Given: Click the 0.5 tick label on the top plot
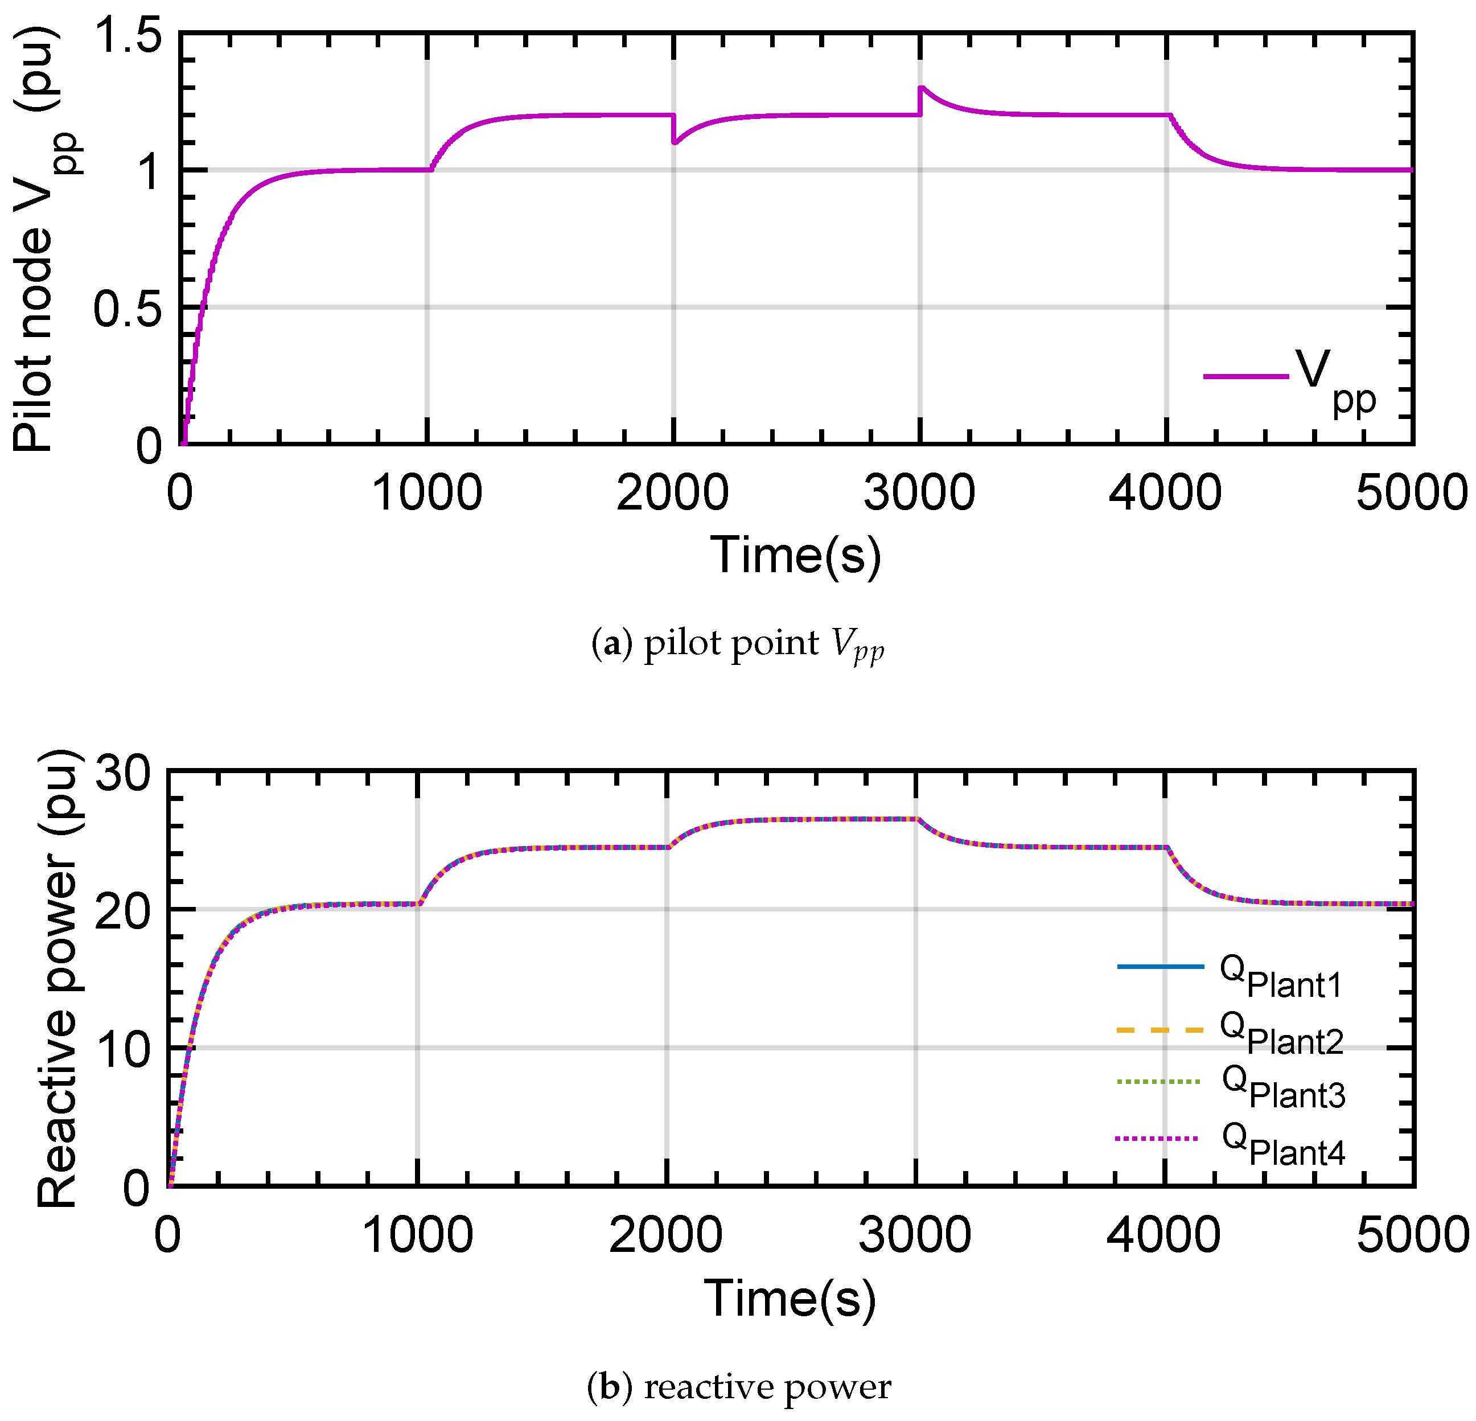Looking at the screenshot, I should click(x=126, y=309).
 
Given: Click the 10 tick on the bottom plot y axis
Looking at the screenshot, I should click(x=124, y=1050).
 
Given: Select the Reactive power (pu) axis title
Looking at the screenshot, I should click(x=56, y=979).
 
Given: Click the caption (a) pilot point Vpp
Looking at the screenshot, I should click(x=737, y=644).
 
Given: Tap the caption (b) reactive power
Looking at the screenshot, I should click(x=738, y=1387).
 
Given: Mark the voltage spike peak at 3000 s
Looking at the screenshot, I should click(x=921, y=87).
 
